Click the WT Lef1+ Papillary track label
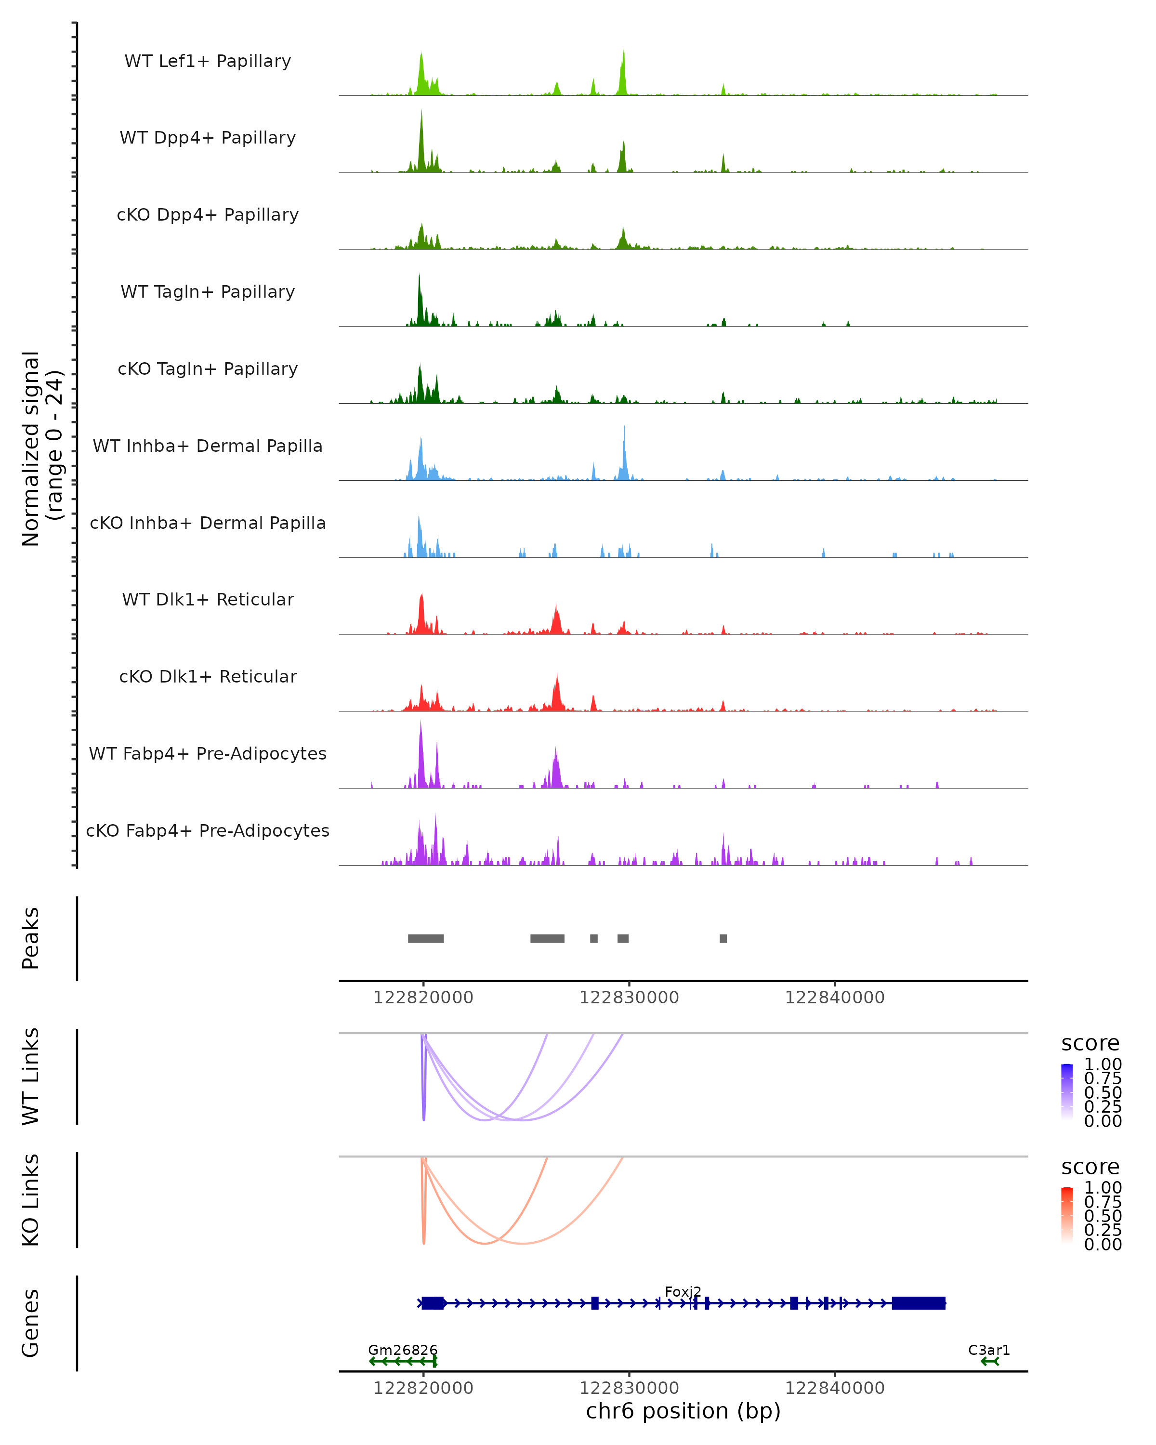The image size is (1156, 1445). (x=208, y=61)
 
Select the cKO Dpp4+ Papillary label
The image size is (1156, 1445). (x=208, y=215)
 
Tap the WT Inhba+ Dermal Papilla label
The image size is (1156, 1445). (x=208, y=447)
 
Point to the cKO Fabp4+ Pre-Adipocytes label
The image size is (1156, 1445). (x=208, y=831)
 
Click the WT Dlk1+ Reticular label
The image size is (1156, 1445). (x=208, y=600)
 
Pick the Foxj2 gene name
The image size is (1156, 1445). (x=683, y=1291)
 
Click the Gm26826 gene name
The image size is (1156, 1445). (x=403, y=1350)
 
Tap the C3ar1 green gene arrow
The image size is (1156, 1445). (x=990, y=1361)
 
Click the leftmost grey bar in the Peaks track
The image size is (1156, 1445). (x=425, y=938)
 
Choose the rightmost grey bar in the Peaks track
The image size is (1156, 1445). (x=723, y=938)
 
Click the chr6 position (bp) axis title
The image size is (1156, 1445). (x=683, y=1411)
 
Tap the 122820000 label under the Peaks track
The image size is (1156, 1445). (x=423, y=998)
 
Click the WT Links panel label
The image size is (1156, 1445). (x=31, y=1077)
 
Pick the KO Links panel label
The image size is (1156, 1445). (x=31, y=1200)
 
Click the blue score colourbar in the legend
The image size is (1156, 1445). (x=1067, y=1091)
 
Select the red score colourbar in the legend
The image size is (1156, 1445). (x=1067, y=1215)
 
